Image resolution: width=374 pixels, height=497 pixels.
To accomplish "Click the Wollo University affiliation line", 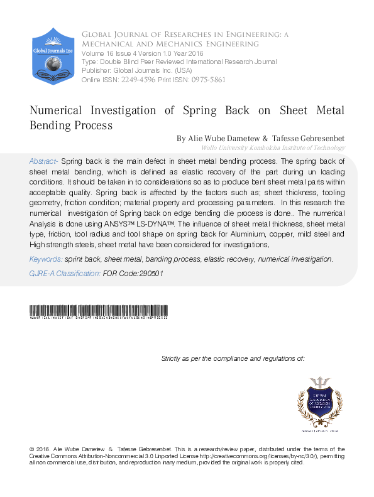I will (273, 147).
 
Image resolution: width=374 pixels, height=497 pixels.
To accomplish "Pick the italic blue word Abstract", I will (44, 161).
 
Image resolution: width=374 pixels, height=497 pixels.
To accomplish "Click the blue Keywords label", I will (45, 259).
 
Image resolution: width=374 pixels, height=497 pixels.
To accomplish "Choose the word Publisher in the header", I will (96, 71).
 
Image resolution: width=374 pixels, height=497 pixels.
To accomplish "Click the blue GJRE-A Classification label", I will (65, 274).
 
